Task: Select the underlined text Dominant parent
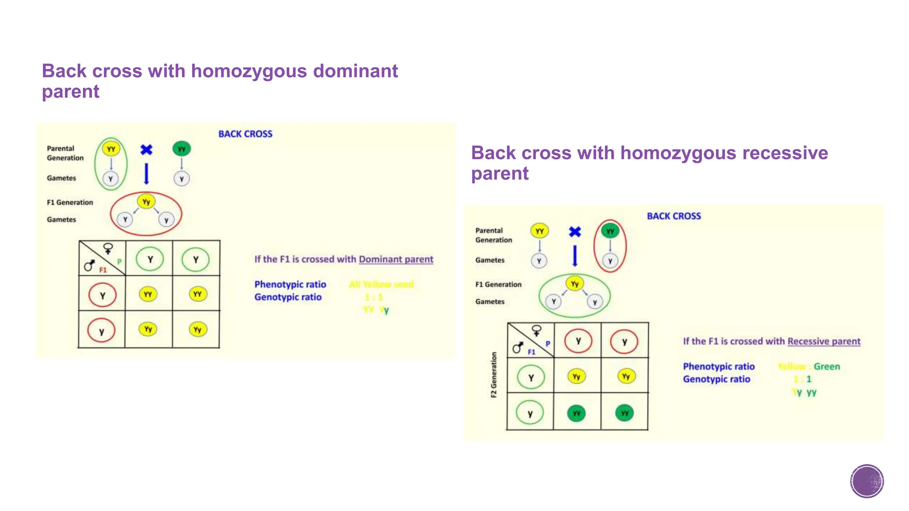pyautogui.click(x=396, y=259)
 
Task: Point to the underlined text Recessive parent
pyautogui.click(x=824, y=341)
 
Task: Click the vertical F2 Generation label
pyautogui.click(x=494, y=375)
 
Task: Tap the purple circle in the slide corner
pyautogui.click(x=867, y=481)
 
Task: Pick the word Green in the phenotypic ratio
pyautogui.click(x=826, y=366)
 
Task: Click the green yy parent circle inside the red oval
pyautogui.click(x=610, y=231)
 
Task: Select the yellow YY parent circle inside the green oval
pyautogui.click(x=111, y=149)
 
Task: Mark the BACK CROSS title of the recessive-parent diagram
pyautogui.click(x=674, y=216)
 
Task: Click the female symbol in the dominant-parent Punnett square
pyautogui.click(x=108, y=248)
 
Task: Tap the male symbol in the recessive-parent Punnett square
pyautogui.click(x=518, y=348)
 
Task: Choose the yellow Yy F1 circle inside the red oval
pyautogui.click(x=146, y=202)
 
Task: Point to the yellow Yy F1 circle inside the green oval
pyautogui.click(x=575, y=283)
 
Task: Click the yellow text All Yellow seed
pyautogui.click(x=381, y=284)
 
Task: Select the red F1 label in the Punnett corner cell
pyautogui.click(x=103, y=270)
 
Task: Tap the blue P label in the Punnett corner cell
pyautogui.click(x=548, y=343)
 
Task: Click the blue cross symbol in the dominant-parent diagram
pyautogui.click(x=146, y=150)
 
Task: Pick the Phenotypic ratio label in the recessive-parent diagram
pyautogui.click(x=719, y=366)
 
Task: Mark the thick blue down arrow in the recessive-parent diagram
pyautogui.click(x=575, y=255)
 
